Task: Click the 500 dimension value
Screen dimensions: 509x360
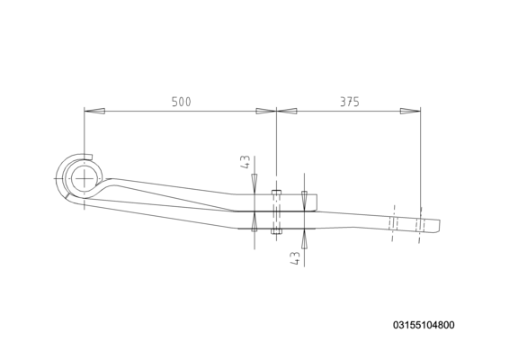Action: point(181,102)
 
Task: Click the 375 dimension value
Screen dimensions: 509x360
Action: point(350,102)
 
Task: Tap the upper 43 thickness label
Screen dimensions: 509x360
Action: point(246,162)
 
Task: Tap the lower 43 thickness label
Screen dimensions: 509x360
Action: point(295,258)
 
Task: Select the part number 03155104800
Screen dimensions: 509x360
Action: point(424,325)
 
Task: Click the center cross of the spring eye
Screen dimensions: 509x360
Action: point(84,179)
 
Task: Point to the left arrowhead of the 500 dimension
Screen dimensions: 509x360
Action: point(94,111)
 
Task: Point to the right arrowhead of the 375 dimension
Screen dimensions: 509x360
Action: point(410,111)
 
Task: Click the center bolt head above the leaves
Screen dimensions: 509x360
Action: point(276,192)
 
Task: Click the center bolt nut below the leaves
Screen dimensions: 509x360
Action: point(276,231)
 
